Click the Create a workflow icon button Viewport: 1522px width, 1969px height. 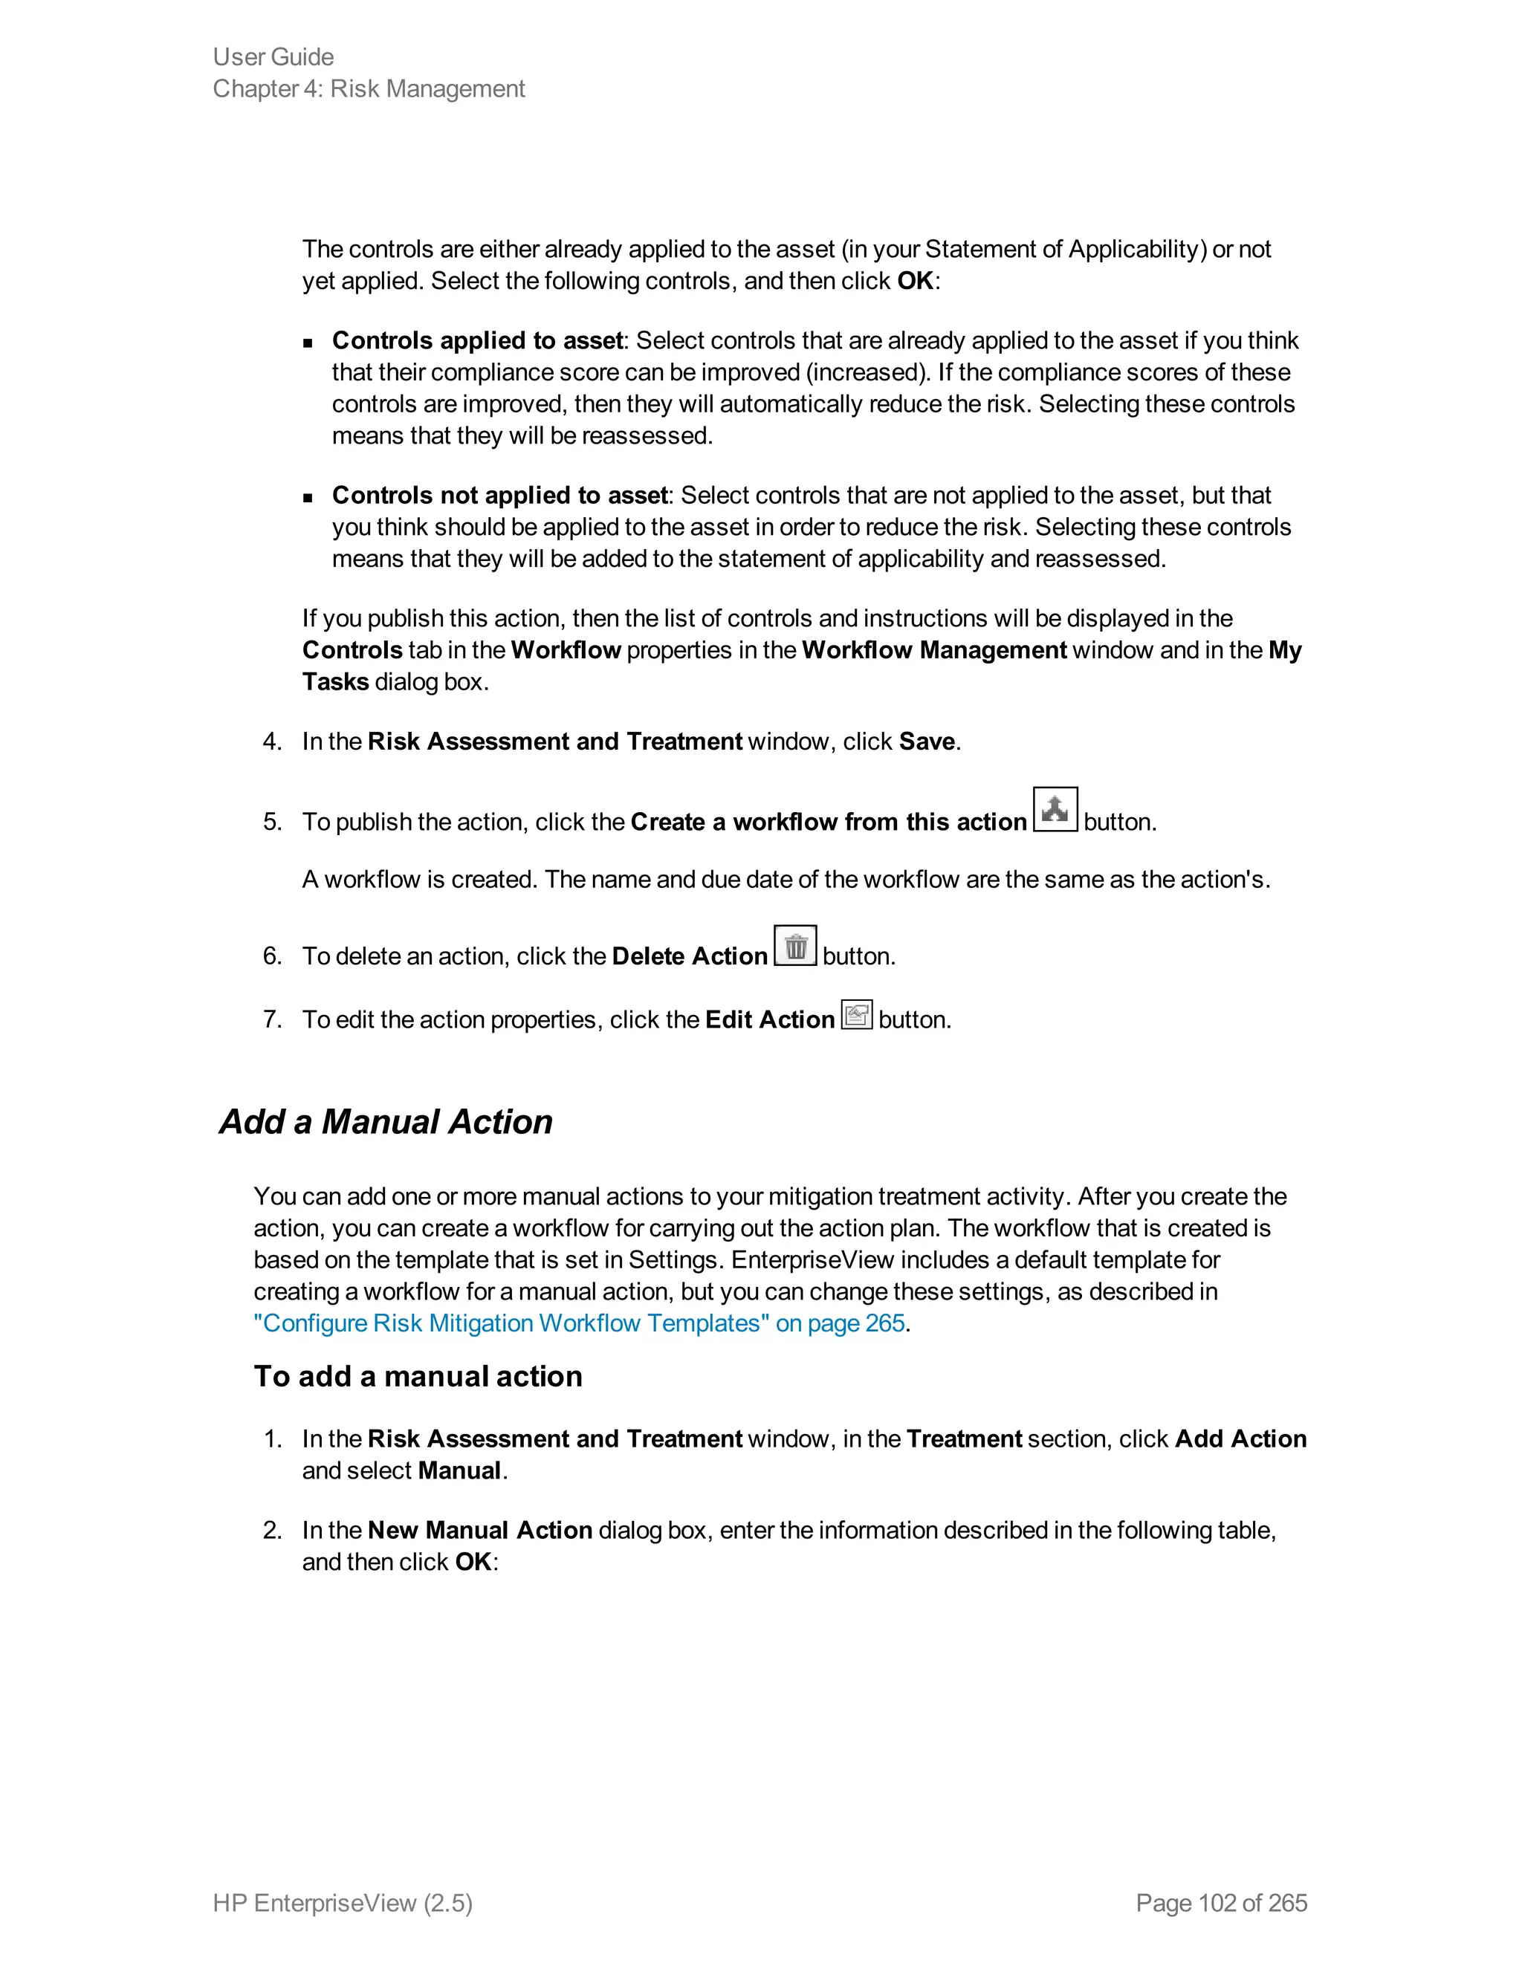coord(1054,810)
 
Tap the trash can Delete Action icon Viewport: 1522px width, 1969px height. coord(795,946)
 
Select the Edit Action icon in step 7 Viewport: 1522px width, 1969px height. coord(857,1014)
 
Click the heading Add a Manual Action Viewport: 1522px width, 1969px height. coord(386,1121)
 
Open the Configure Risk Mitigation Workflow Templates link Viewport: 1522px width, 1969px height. coord(579,1323)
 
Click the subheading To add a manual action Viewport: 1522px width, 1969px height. coord(418,1376)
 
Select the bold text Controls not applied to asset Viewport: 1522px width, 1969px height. coord(499,495)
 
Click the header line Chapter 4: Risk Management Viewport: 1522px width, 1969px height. coord(368,88)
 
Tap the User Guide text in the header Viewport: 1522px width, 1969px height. coord(273,56)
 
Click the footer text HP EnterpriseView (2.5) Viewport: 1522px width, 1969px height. coord(343,1902)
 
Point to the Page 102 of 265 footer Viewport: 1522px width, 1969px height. coord(1221,1902)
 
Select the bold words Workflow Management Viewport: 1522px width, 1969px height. coord(933,650)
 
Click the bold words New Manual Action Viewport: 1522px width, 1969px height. coord(479,1530)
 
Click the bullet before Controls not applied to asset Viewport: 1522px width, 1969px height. coord(308,497)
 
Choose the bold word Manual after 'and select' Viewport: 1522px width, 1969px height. coord(459,1470)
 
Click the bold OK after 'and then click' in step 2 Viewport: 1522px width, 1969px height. coord(473,1562)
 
